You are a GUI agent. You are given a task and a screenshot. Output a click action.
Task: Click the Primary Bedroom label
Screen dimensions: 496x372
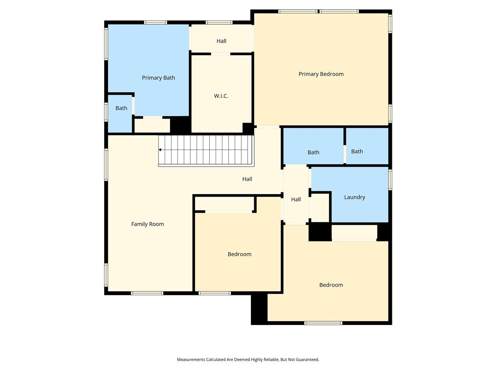coord(321,74)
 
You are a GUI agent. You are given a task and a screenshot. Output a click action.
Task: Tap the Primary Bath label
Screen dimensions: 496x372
coord(158,78)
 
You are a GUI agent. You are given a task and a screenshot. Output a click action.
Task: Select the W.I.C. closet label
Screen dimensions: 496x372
coord(221,96)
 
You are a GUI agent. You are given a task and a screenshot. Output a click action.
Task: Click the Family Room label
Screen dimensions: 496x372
coord(147,224)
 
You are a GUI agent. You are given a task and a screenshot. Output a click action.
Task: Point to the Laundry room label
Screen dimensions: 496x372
coord(355,197)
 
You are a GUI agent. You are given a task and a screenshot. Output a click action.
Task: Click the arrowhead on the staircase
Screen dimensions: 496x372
coord(160,150)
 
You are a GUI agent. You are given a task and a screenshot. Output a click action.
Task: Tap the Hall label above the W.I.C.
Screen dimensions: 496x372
coord(221,41)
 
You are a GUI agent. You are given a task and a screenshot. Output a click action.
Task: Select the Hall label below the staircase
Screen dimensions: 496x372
coord(247,179)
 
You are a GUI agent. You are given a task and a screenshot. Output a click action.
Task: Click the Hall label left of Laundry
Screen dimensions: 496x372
coord(296,199)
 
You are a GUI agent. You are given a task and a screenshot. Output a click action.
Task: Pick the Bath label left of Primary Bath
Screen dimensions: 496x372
coord(121,108)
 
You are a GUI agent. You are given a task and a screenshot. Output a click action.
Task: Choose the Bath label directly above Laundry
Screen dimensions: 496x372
coord(357,152)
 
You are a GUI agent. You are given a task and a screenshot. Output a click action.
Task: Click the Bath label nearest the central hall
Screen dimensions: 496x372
coord(313,153)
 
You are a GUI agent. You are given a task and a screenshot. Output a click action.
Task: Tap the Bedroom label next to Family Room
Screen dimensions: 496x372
coord(239,254)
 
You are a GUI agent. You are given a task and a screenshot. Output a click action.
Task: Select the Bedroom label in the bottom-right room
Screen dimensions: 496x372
coord(331,285)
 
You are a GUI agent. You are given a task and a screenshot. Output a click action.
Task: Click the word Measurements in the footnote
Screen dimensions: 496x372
coord(191,360)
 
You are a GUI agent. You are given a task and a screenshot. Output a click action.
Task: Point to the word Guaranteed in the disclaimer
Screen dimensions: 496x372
coord(307,360)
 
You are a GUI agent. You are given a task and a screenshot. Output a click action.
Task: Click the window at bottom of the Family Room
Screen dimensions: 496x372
coord(147,293)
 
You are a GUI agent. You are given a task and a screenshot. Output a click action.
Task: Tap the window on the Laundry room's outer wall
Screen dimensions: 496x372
coord(390,180)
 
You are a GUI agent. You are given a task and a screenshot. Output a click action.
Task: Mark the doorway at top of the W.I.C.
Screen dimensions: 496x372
coord(220,54)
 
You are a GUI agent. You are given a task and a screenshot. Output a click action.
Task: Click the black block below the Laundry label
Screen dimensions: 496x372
coord(320,232)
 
